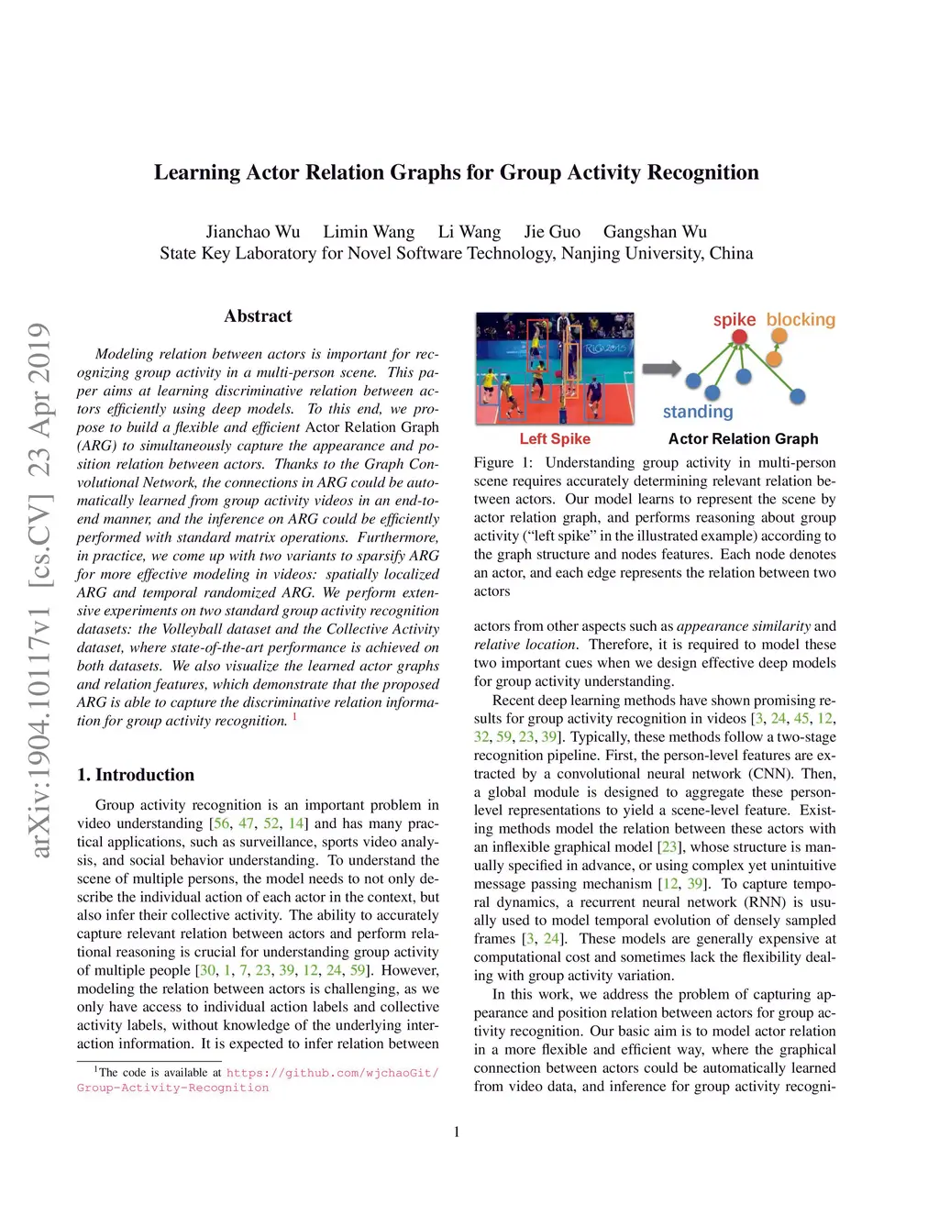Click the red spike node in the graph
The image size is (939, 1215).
pyautogui.click(x=740, y=337)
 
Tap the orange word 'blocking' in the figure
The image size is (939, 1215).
pyautogui.click(x=801, y=319)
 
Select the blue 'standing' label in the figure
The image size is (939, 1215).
pyautogui.click(x=698, y=412)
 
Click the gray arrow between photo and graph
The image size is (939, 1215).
pyautogui.click(x=660, y=369)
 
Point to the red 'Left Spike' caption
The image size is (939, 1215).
pyautogui.click(x=555, y=439)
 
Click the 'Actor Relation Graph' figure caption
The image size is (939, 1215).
pyautogui.click(x=743, y=439)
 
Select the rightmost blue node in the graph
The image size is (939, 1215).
pyautogui.click(x=798, y=396)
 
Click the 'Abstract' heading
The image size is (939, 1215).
pyautogui.click(x=258, y=316)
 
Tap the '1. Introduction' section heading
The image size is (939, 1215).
pyautogui.click(x=136, y=775)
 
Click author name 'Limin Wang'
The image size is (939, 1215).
pyautogui.click(x=369, y=232)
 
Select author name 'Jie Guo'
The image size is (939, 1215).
pyautogui.click(x=552, y=232)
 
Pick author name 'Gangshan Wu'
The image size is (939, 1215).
pyautogui.click(x=655, y=232)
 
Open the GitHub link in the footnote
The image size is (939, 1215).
pyautogui.click(x=332, y=1073)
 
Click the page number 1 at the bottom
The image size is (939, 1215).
pyautogui.click(x=457, y=1132)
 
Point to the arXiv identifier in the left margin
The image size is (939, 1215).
pyautogui.click(x=39, y=724)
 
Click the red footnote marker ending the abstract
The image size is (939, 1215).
pyautogui.click(x=294, y=716)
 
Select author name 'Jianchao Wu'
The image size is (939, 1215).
pyautogui.click(x=252, y=232)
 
